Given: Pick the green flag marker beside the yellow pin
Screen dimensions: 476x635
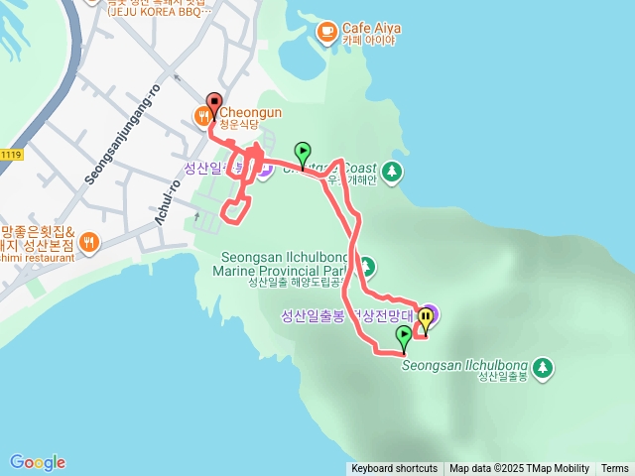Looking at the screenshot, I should (403, 337).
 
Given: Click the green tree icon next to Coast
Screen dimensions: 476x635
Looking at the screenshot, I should (393, 171).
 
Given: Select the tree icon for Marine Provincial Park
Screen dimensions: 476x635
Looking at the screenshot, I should (366, 266).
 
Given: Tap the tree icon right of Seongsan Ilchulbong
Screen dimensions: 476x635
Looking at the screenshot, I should (542, 369).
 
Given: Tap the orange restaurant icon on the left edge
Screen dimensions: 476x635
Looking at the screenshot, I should (90, 241).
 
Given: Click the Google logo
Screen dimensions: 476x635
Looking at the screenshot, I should (38, 462).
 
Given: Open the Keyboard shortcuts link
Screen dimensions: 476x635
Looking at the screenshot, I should (394, 469).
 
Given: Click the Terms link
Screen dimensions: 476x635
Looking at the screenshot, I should (615, 469).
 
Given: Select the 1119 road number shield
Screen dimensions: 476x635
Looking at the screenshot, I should (11, 154).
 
